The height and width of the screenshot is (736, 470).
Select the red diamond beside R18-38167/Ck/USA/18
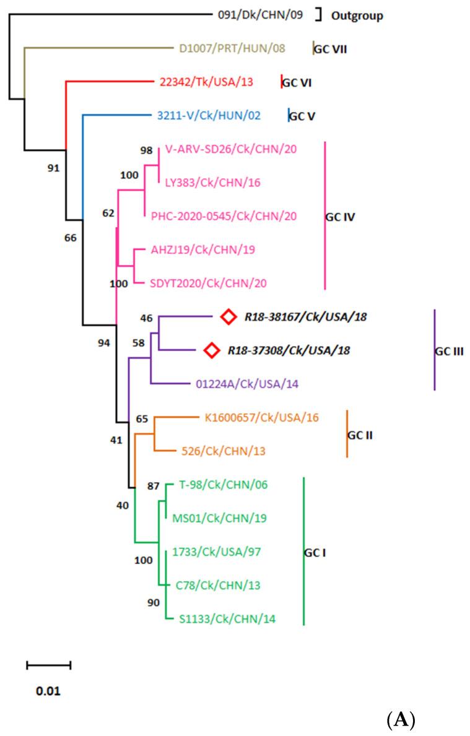click(228, 317)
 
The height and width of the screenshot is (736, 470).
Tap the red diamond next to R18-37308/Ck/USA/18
click(212, 350)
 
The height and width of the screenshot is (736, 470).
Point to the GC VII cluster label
click(330, 48)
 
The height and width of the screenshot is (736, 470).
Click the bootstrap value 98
click(146, 150)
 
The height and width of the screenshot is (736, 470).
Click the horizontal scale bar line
click(48, 665)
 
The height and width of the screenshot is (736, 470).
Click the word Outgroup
click(357, 15)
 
